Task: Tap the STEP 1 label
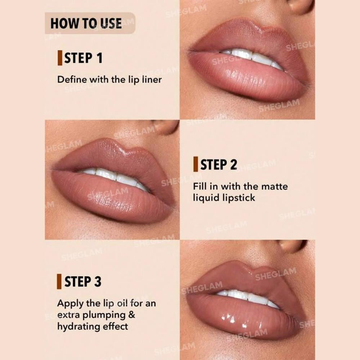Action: [x=83, y=58]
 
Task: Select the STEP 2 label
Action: [x=219, y=165]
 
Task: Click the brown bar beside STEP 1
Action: [x=60, y=58]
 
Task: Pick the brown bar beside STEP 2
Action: [x=195, y=165]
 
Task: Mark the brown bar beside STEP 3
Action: [x=59, y=282]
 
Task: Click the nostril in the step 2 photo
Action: [x=166, y=126]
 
